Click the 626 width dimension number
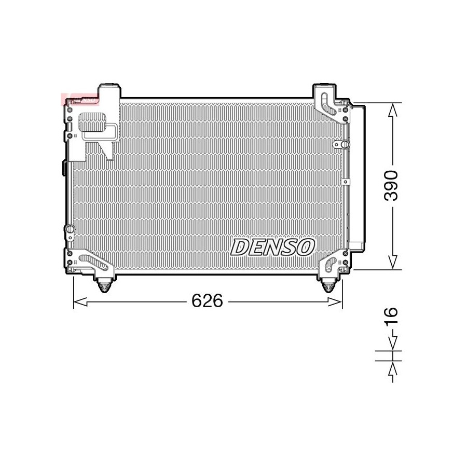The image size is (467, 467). (x=207, y=300)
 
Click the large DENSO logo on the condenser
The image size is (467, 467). (x=272, y=247)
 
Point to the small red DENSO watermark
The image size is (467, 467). (x=79, y=100)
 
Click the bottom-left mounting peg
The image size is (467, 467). (x=104, y=286)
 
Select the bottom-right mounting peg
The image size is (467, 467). (x=328, y=286)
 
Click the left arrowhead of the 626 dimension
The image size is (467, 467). (x=80, y=301)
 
